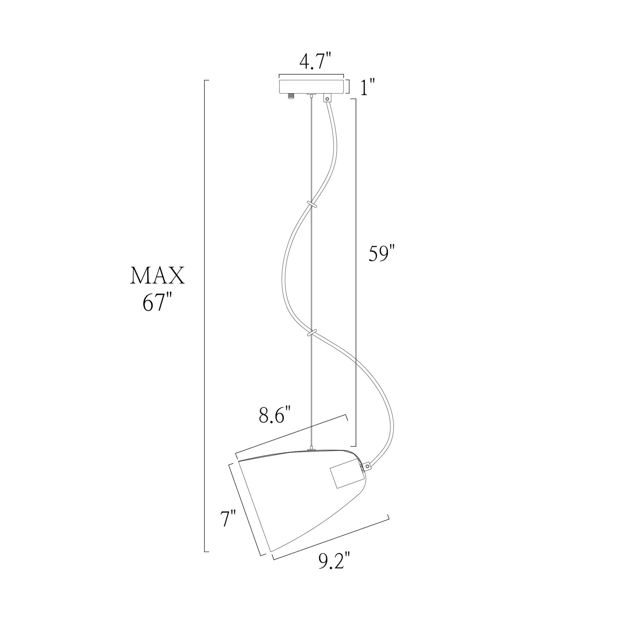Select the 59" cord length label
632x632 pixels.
pyautogui.click(x=382, y=254)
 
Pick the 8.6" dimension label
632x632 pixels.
pyautogui.click(x=275, y=416)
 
